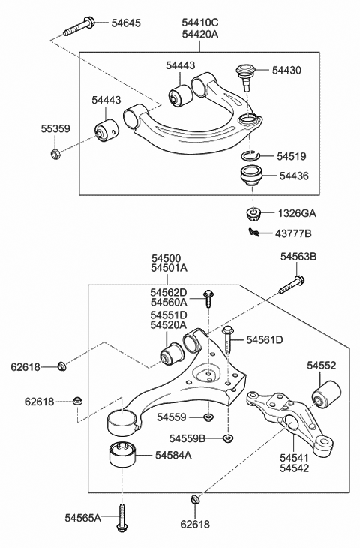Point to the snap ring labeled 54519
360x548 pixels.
click(x=252, y=155)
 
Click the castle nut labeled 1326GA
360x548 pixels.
click(x=253, y=212)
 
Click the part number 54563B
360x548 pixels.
click(x=298, y=257)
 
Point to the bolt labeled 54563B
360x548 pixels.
click(x=292, y=285)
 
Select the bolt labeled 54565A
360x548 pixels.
click(x=120, y=519)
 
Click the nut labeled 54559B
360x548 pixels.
click(x=228, y=438)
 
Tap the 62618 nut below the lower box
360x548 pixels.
click(x=195, y=498)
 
